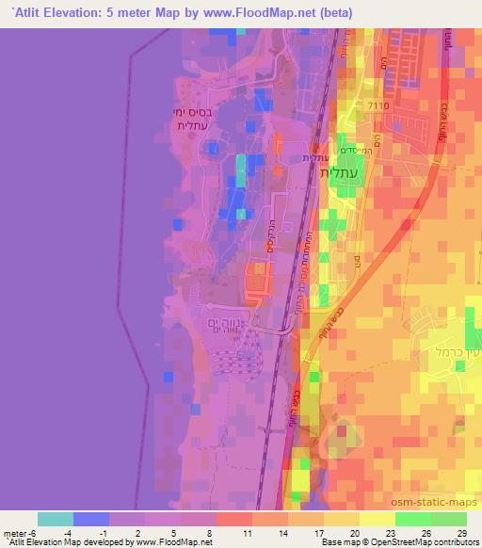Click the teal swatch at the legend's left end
point(56,519)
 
